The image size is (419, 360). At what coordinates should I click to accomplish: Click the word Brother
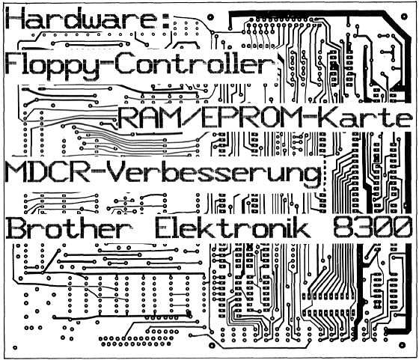[x=68, y=227]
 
